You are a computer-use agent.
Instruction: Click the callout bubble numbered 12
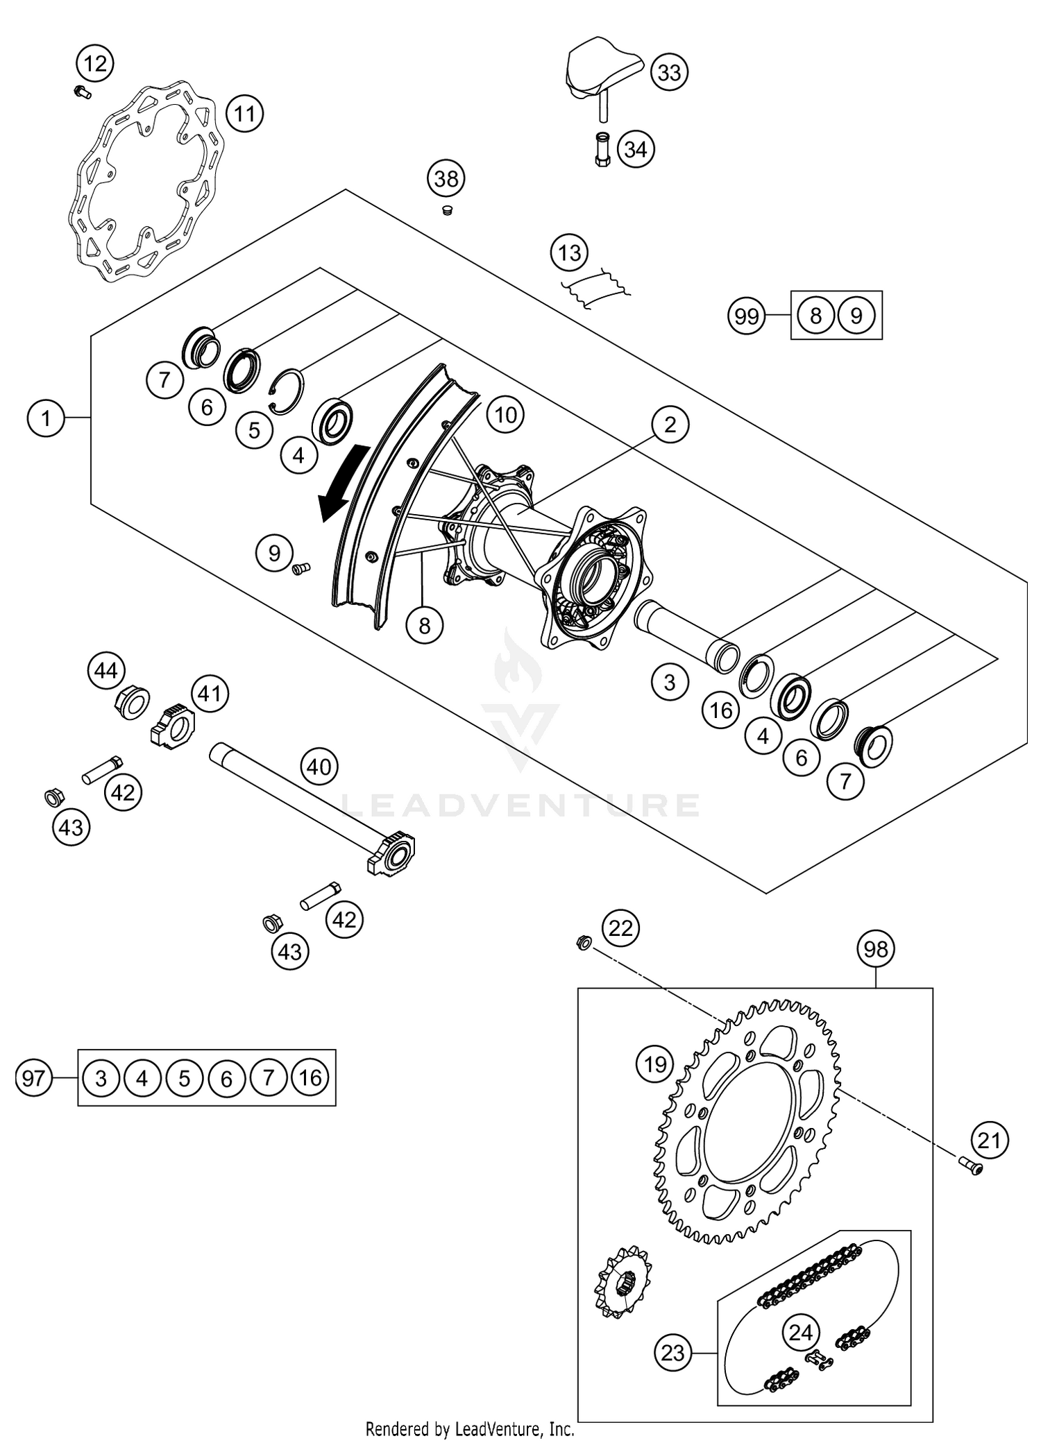pyautogui.click(x=95, y=64)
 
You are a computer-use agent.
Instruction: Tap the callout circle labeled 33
pyautogui.click(x=669, y=72)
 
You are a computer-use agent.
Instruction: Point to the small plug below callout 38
pyautogui.click(x=447, y=209)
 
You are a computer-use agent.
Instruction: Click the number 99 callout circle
pyautogui.click(x=747, y=316)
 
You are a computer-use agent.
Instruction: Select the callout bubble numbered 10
pyautogui.click(x=505, y=415)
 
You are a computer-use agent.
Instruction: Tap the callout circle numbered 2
pyautogui.click(x=669, y=424)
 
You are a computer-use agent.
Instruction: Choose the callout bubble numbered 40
pyautogui.click(x=319, y=767)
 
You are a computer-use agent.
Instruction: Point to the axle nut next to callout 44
pyautogui.click(x=130, y=702)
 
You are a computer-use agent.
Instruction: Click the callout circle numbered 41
pyautogui.click(x=210, y=694)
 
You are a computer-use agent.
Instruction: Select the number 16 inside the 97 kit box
pyautogui.click(x=310, y=1077)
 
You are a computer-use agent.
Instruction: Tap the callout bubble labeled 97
pyautogui.click(x=33, y=1078)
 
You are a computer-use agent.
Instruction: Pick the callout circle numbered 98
pyautogui.click(x=876, y=948)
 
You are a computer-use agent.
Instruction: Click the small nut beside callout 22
pyautogui.click(x=584, y=943)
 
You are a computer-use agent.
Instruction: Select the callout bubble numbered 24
pyautogui.click(x=801, y=1332)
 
